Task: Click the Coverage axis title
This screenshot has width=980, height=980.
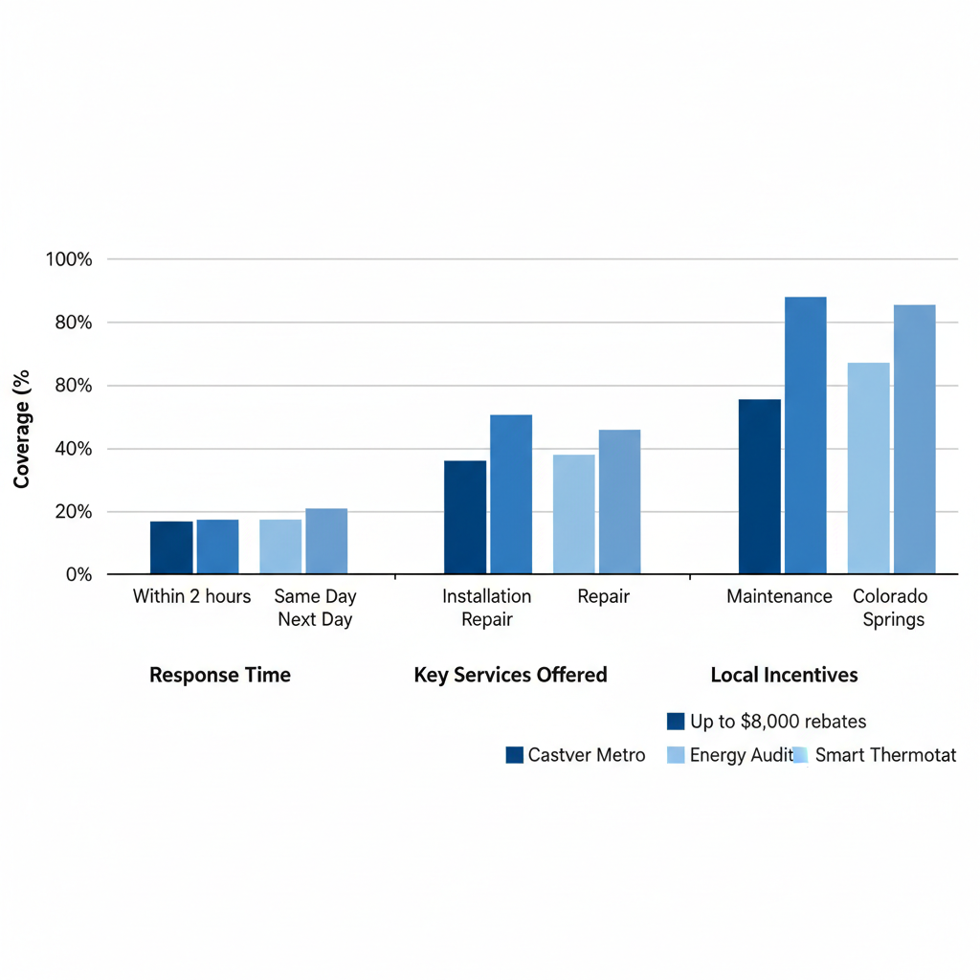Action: tap(22, 429)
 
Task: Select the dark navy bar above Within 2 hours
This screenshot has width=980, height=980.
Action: tap(171, 547)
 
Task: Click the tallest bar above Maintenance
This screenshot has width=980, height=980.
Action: tap(805, 435)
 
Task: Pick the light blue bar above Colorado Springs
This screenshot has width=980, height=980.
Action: tap(868, 468)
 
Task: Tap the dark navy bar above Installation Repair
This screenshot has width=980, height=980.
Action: tap(465, 517)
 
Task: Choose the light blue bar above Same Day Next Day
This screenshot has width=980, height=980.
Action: tap(280, 546)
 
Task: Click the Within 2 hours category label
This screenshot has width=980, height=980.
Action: tap(191, 596)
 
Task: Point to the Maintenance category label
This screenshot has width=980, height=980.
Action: tap(779, 596)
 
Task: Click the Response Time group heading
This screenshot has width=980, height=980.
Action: tap(220, 675)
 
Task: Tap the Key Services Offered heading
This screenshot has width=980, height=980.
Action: tap(510, 675)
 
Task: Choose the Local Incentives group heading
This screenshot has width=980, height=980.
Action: tap(784, 675)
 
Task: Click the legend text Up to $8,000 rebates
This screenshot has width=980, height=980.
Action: tap(777, 722)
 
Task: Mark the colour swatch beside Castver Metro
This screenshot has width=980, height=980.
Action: tap(515, 755)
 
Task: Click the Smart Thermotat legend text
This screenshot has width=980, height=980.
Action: tap(885, 755)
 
